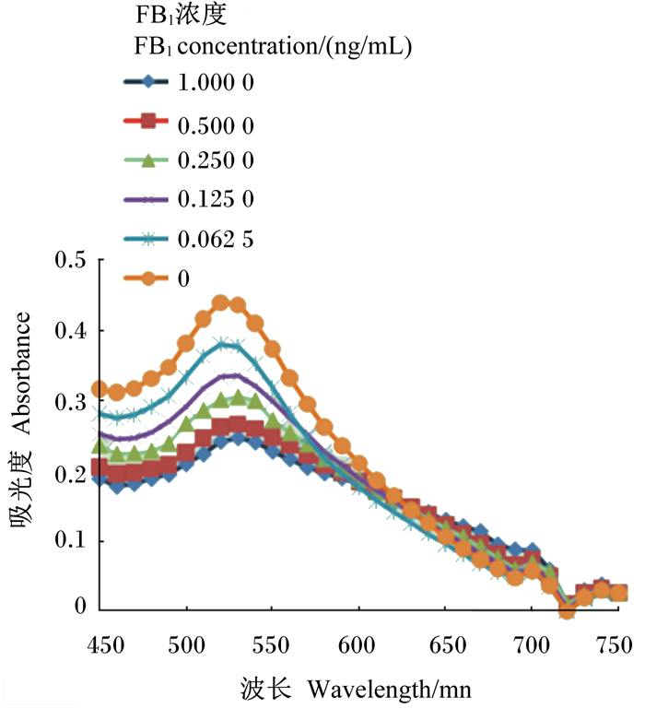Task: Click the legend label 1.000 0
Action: click(x=216, y=83)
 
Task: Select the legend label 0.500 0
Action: click(x=216, y=125)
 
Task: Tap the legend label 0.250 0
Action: click(x=216, y=160)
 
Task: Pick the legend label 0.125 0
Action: click(x=216, y=199)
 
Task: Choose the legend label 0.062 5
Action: click(x=216, y=239)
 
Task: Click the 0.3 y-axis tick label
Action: click(x=71, y=402)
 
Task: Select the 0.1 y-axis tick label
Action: click(x=71, y=540)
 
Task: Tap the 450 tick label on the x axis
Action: click(x=106, y=645)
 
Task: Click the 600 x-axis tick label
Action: click(x=357, y=645)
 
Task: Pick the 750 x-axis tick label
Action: click(x=614, y=645)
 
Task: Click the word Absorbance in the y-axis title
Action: click(x=21, y=373)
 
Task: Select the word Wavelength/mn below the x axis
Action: click(x=390, y=690)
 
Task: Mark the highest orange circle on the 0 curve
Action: click(x=220, y=303)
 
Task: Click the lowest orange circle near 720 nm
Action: click(x=567, y=611)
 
